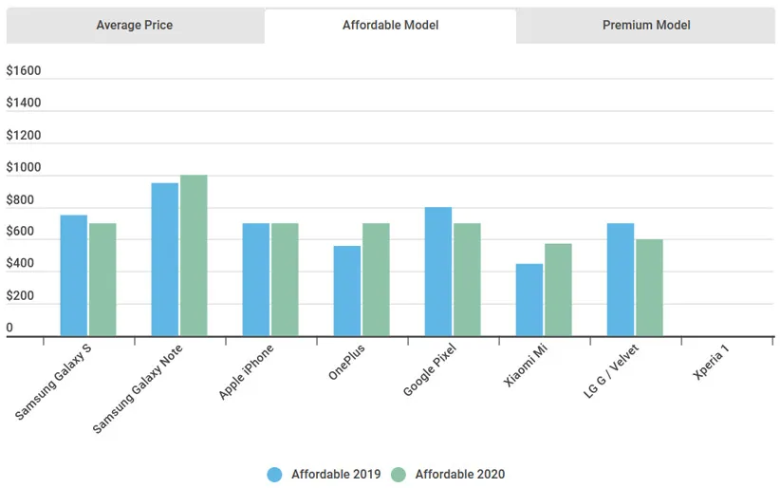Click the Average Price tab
click(134, 26)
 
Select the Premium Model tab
click(646, 26)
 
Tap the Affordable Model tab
click(390, 26)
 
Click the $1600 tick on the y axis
click(24, 71)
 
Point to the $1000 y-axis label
click(24, 168)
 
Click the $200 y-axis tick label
click(20, 296)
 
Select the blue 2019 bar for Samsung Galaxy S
click(73, 275)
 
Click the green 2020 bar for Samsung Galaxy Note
click(194, 255)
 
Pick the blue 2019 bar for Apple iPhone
click(256, 279)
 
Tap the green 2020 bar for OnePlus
click(376, 279)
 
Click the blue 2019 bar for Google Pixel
click(438, 272)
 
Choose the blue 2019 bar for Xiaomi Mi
click(529, 299)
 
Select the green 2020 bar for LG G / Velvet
click(649, 288)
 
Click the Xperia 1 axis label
click(713, 362)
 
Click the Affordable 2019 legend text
click(336, 474)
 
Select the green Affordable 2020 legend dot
click(399, 474)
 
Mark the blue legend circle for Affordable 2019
click(275, 474)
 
